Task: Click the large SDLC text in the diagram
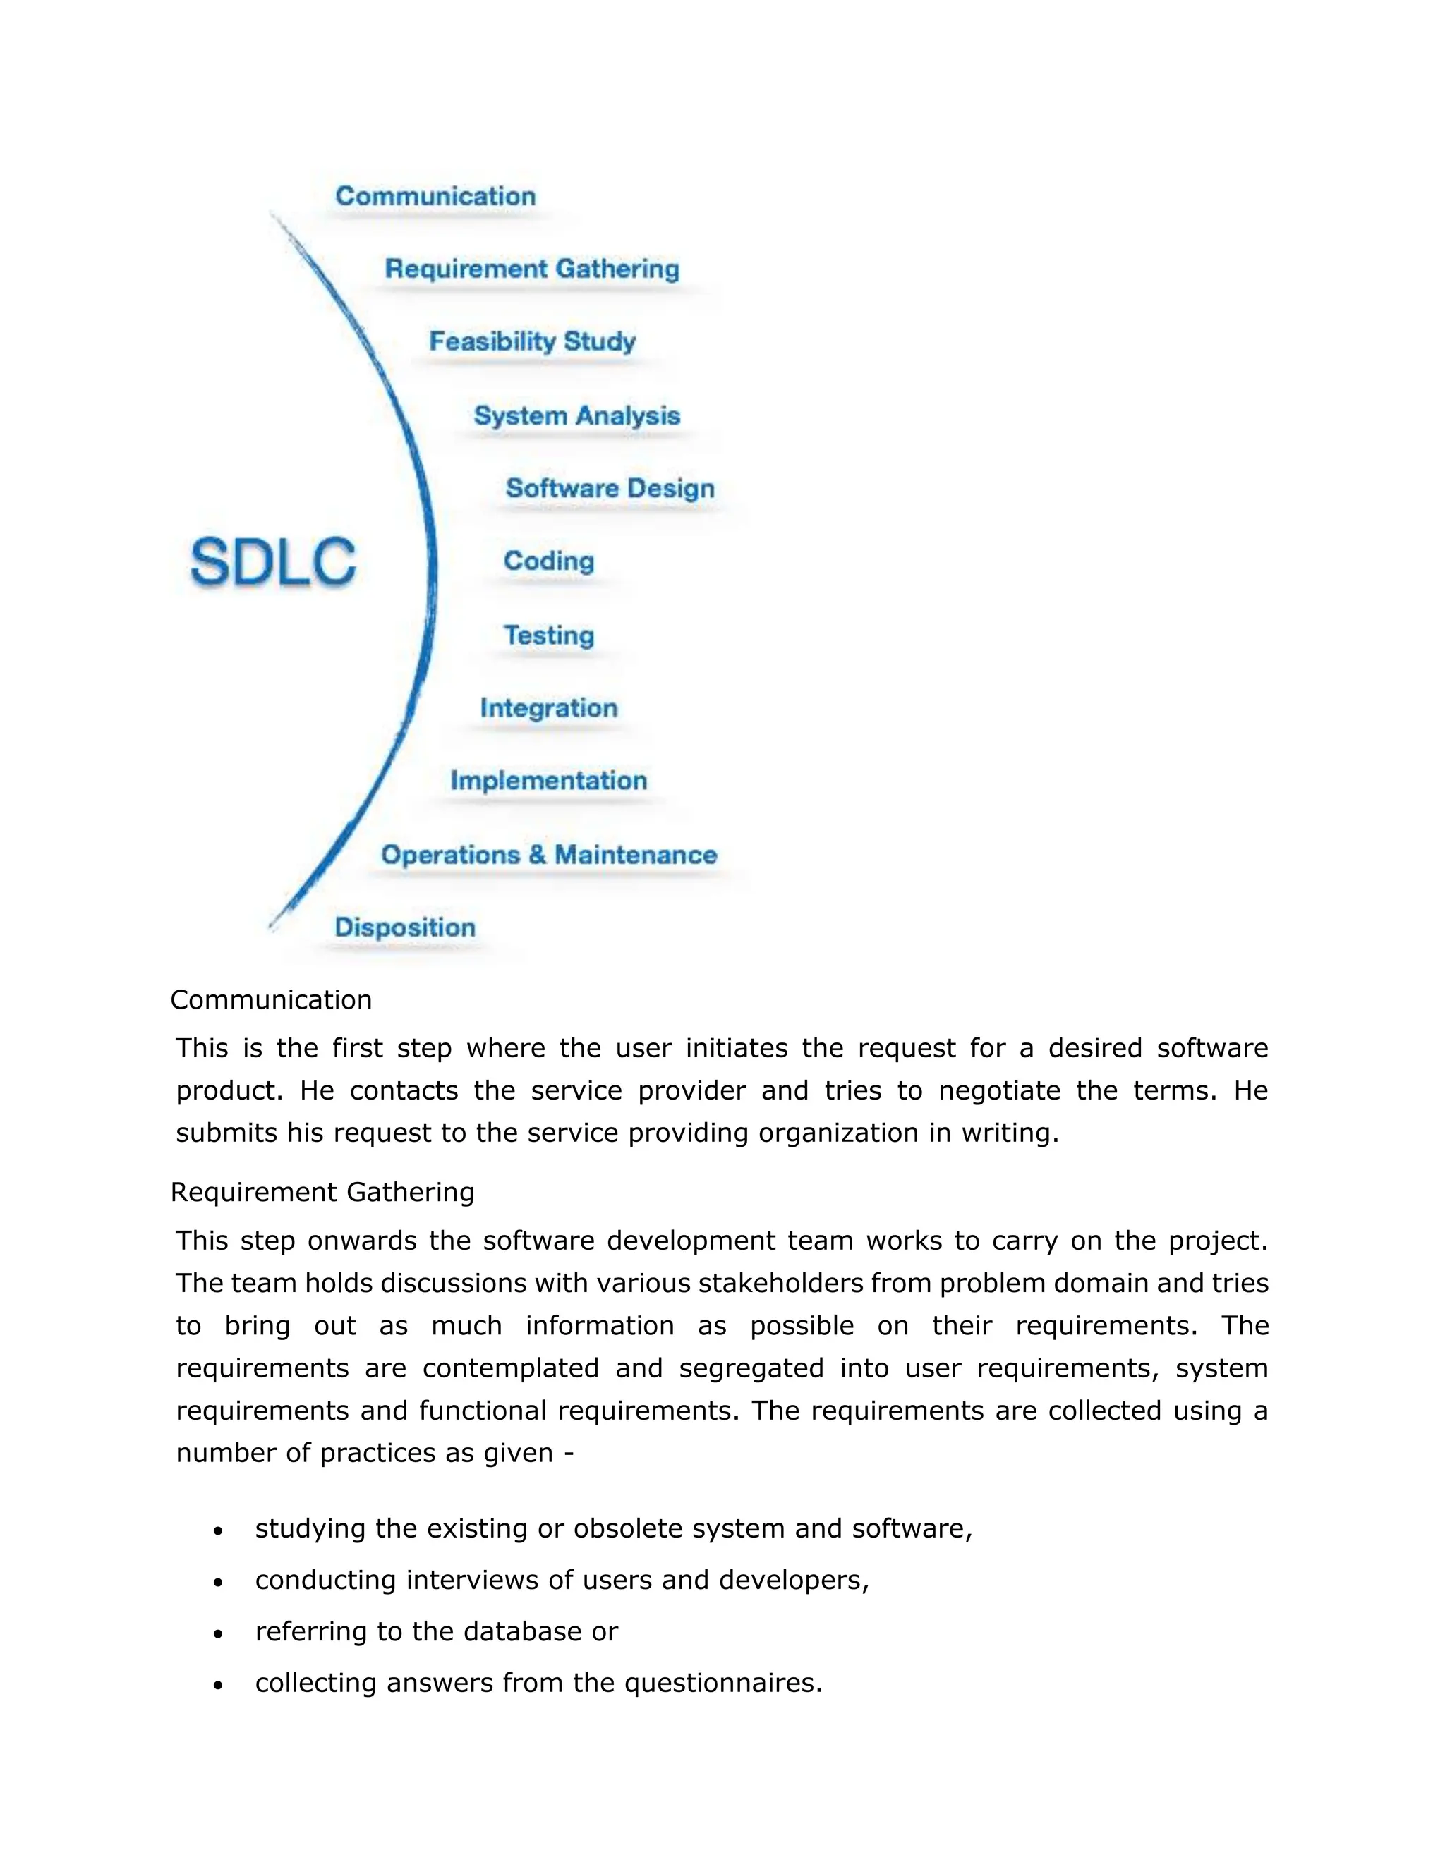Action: click(x=272, y=562)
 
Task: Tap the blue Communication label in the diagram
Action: click(x=435, y=196)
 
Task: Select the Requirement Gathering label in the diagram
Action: click(x=531, y=269)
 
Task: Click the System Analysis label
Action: click(x=576, y=416)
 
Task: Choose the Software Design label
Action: click(x=610, y=489)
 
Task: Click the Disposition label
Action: click(x=404, y=927)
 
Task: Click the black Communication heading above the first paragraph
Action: click(x=270, y=999)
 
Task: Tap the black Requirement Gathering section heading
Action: click(x=322, y=1192)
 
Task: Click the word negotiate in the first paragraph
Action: click(x=998, y=1091)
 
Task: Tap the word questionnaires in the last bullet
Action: click(x=722, y=1684)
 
